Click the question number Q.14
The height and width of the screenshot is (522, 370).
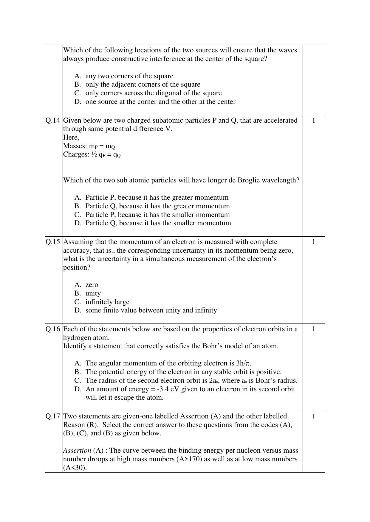(53, 121)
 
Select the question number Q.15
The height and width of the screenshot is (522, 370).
(53, 242)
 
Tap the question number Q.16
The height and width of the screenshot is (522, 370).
(53, 329)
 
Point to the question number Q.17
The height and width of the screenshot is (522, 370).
(53, 416)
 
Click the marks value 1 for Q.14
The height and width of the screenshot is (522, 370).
(313, 120)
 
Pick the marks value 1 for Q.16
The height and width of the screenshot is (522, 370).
(313, 329)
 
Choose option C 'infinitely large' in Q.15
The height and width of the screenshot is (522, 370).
(107, 302)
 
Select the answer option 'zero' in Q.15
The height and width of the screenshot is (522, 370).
(92, 285)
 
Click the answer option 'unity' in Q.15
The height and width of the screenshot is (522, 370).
(93, 293)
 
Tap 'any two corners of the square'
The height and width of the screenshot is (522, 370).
(129, 76)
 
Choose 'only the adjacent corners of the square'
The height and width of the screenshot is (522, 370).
(143, 85)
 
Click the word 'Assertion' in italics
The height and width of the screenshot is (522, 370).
(77, 451)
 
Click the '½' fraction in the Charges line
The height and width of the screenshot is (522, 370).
(94, 154)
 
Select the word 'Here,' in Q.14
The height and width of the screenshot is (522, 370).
(71, 137)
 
